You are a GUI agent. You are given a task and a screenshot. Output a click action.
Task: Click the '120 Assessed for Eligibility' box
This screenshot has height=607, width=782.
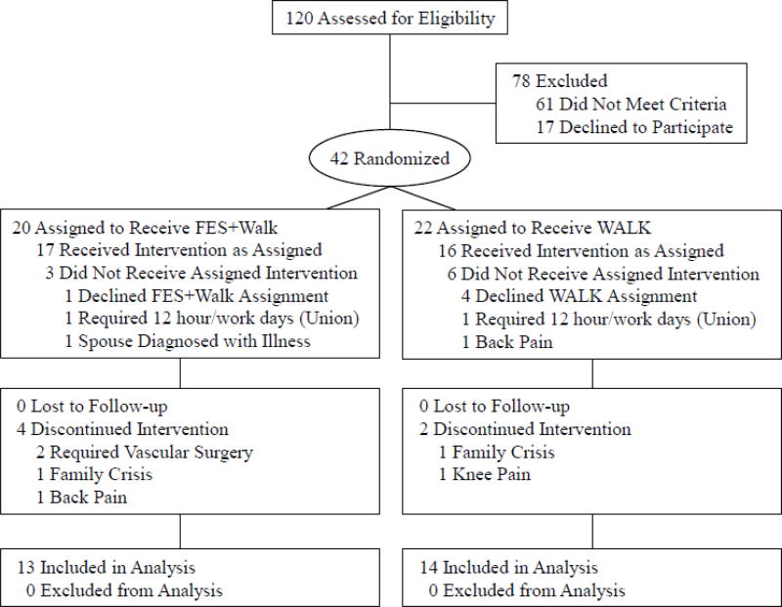(x=391, y=19)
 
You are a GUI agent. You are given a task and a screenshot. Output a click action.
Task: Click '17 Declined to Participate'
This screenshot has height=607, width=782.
(x=633, y=127)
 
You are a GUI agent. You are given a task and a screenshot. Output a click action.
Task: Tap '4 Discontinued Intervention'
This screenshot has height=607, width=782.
(x=123, y=429)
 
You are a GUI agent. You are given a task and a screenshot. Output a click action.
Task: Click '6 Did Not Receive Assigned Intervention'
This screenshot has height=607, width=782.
(x=597, y=274)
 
